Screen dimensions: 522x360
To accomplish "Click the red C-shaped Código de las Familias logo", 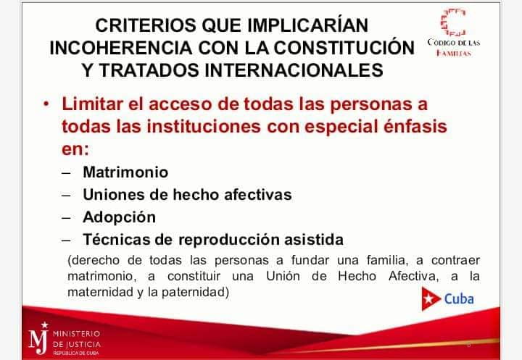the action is (452, 22).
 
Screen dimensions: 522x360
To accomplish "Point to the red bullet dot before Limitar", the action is (46, 104).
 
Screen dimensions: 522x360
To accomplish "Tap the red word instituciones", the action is (204, 127).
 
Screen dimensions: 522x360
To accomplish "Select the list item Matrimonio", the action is (125, 172).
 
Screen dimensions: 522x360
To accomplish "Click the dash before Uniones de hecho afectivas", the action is (66, 195).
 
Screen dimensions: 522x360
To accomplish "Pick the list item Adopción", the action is (119, 217).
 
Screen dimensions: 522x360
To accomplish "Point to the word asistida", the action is (314, 240).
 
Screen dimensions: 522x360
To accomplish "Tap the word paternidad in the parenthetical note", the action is (196, 292).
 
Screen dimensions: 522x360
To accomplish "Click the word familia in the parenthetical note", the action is (387, 260).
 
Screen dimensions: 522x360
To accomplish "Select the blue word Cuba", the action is (459, 299).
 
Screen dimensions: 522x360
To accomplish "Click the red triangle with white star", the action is (431, 298).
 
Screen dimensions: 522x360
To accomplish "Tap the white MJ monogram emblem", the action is (38, 338).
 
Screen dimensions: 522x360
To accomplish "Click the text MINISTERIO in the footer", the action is (77, 334).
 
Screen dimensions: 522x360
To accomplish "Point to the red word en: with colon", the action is (75, 149).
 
